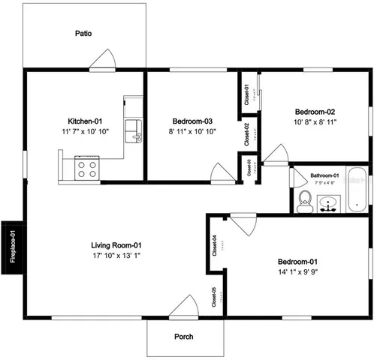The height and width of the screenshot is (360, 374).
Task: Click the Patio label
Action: [83, 33]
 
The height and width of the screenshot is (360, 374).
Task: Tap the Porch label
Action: [183, 337]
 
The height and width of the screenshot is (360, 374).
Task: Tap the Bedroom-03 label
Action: [193, 121]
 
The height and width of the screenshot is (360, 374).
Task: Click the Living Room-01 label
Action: [116, 245]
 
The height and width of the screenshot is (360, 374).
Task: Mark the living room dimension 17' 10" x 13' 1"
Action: [116, 256]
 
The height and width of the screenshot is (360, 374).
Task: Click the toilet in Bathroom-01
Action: [304, 201]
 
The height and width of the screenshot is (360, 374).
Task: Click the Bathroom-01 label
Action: [324, 176]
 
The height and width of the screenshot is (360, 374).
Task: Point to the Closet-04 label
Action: [215, 245]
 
